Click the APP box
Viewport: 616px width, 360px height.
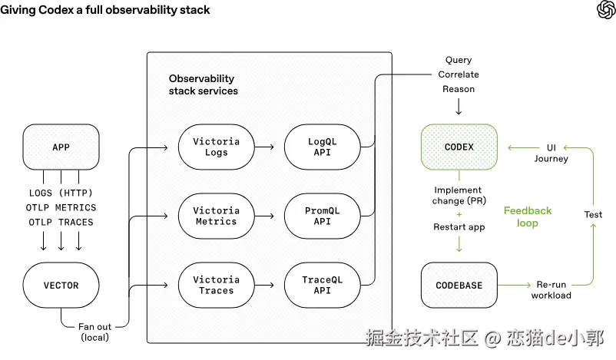click(61, 147)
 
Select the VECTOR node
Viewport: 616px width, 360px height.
click(61, 285)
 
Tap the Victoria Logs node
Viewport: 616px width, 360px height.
click(216, 147)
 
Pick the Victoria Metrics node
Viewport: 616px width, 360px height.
click(216, 216)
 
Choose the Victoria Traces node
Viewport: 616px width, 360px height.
click(216, 285)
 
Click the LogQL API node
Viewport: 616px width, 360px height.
click(322, 147)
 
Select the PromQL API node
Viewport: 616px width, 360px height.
click(322, 216)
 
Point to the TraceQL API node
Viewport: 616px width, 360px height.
click(322, 285)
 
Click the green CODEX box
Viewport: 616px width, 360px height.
click(459, 147)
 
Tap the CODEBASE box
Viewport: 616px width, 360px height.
click(459, 285)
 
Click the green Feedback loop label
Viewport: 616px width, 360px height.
click(528, 216)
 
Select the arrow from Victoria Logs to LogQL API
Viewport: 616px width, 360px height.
click(264, 147)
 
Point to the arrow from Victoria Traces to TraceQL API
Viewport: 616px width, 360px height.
click(264, 285)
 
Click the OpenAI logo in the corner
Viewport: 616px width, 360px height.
click(606, 9)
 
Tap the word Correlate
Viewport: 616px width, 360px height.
click(459, 74)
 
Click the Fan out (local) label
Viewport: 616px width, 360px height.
click(94, 332)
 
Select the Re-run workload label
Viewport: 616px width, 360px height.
click(551, 289)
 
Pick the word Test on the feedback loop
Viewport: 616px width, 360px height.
click(593, 214)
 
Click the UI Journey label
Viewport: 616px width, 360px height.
click(551, 153)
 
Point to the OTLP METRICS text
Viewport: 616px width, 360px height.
click(61, 207)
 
